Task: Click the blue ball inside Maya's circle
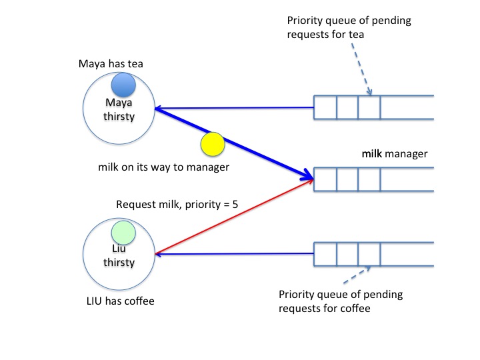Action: pos(124,85)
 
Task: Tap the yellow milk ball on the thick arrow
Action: pos(213,144)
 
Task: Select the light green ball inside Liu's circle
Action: pos(123,232)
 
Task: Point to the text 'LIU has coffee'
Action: pos(121,301)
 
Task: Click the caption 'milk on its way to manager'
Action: pos(163,167)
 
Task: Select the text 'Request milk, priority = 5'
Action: pos(177,205)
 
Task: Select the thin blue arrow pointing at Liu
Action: pos(233,253)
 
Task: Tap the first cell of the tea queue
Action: pos(325,107)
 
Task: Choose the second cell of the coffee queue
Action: pos(347,253)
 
